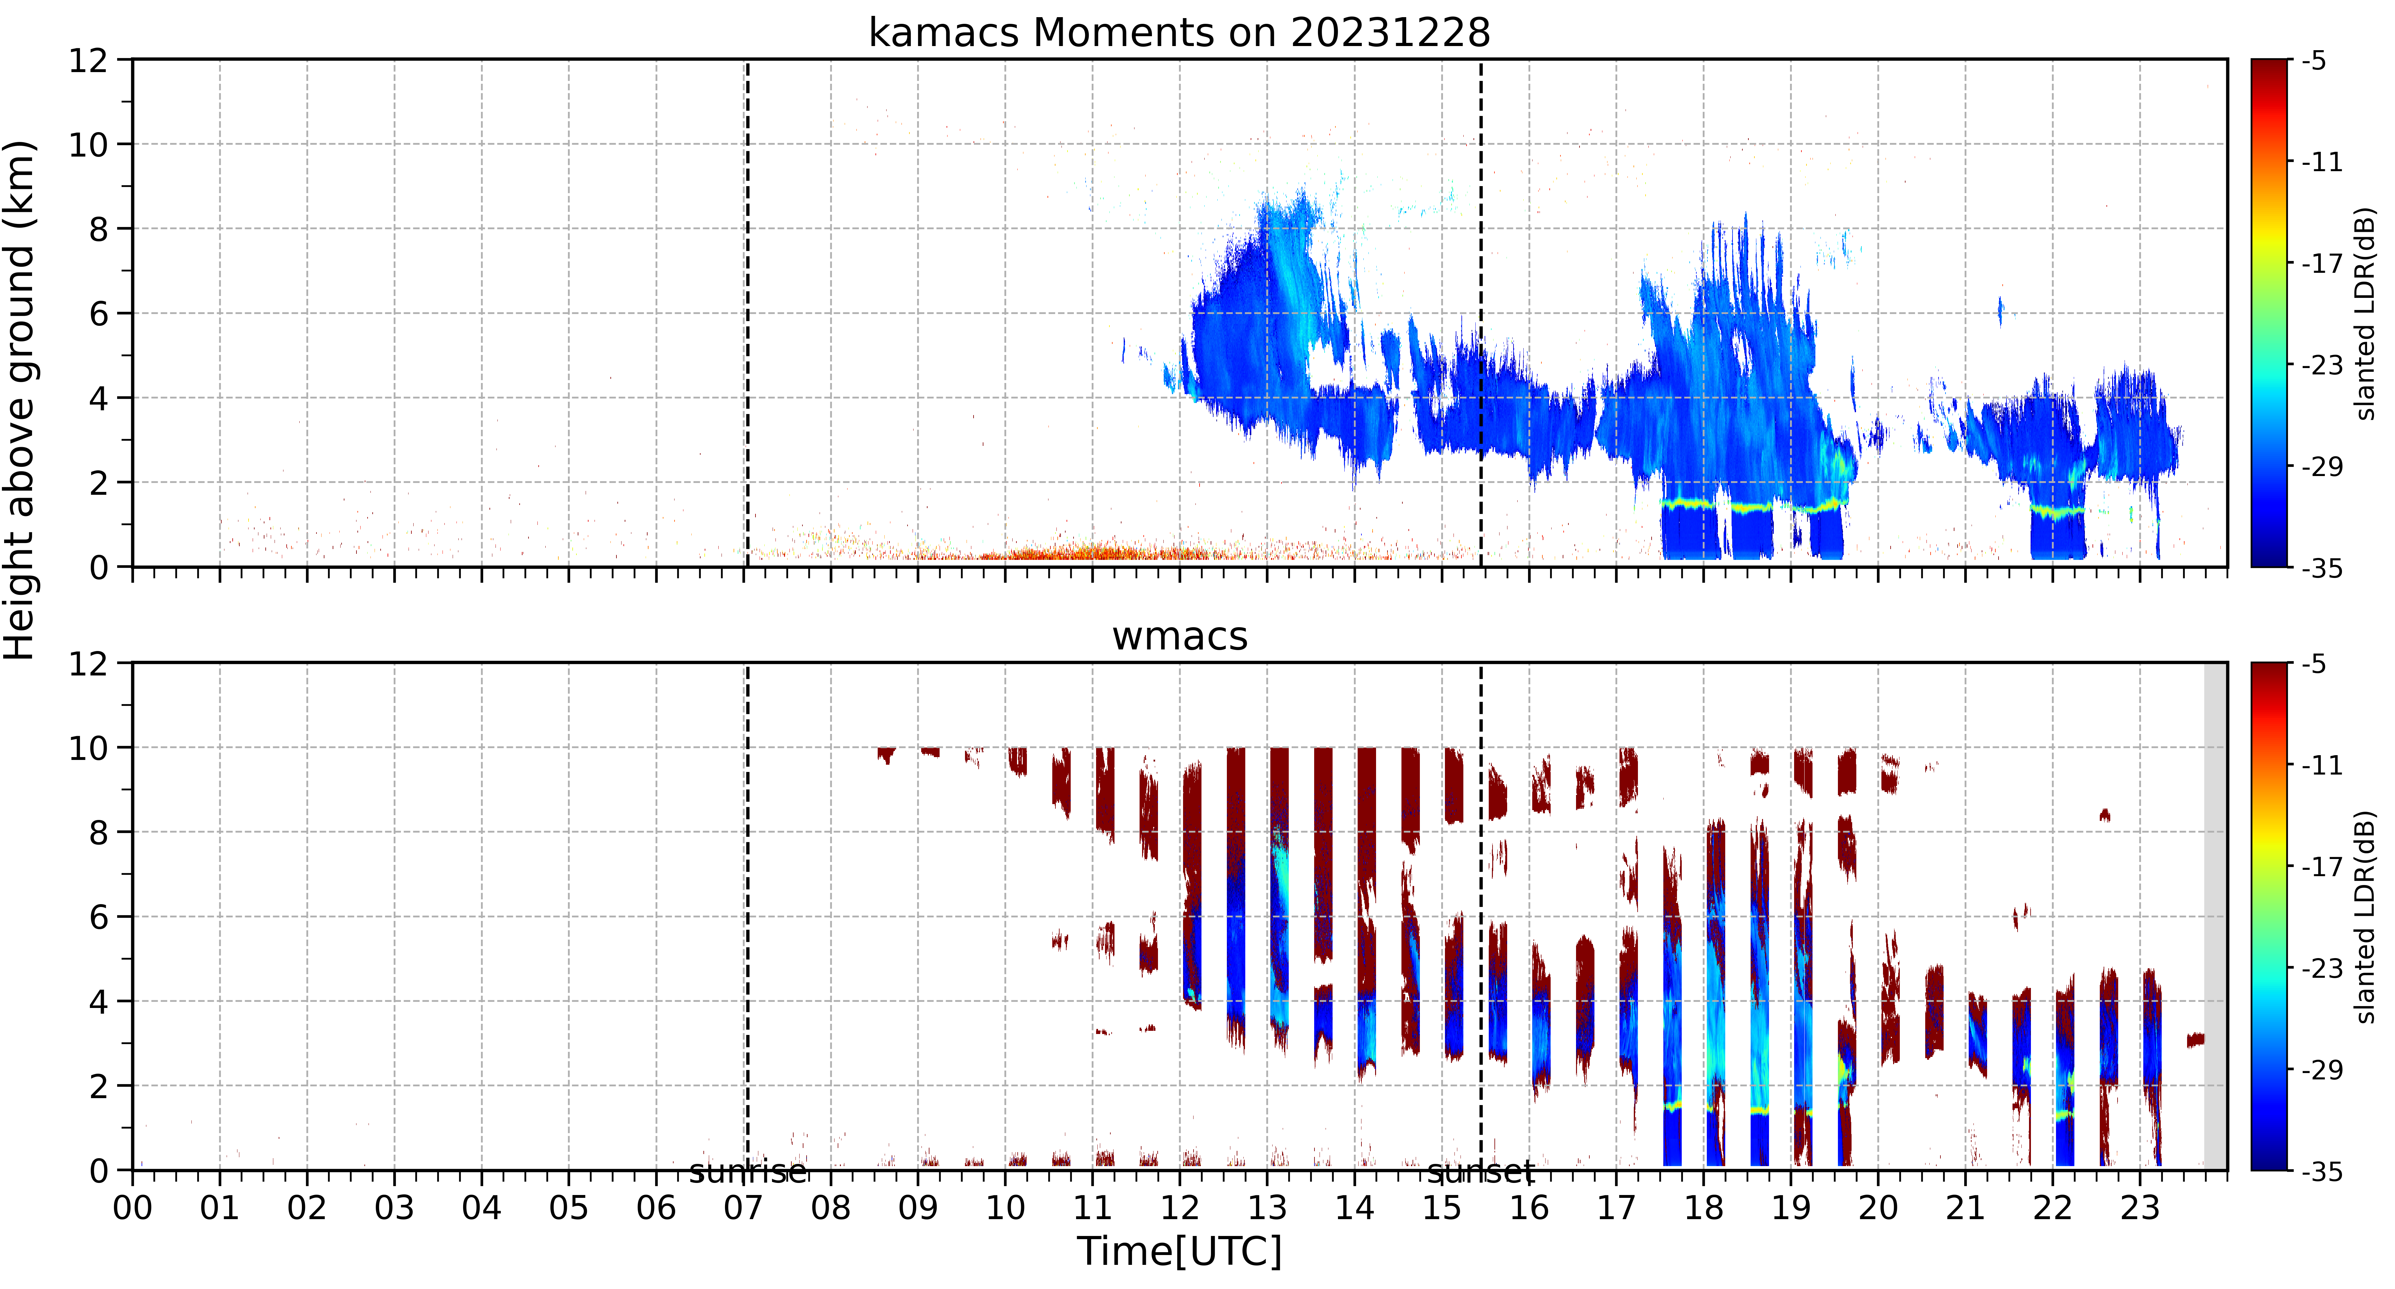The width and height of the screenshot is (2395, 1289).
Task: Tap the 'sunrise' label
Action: [x=748, y=1173]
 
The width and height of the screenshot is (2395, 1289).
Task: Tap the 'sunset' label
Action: [x=1481, y=1173]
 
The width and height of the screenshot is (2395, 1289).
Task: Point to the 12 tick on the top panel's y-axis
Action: [x=88, y=60]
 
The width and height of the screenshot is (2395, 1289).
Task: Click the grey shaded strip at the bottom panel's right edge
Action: [x=2216, y=916]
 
